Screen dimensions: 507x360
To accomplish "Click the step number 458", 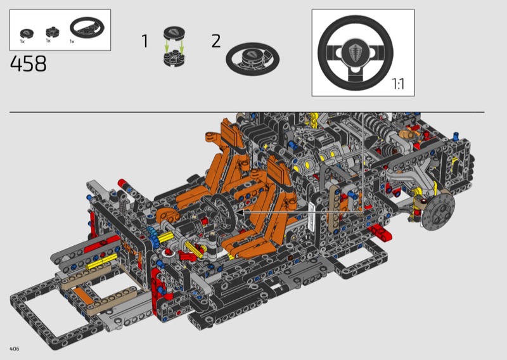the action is click(29, 63).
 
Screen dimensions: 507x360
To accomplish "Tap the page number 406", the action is click(15, 349).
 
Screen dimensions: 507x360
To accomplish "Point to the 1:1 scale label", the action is click(398, 84).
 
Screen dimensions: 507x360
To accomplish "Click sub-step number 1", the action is click(145, 41).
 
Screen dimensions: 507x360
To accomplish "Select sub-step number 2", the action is click(216, 41).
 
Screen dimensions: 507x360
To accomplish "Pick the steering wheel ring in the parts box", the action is click(87, 28).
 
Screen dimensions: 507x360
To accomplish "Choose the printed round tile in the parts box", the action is click(27, 34).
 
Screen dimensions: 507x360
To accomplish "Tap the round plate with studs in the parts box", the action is click(53, 32).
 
